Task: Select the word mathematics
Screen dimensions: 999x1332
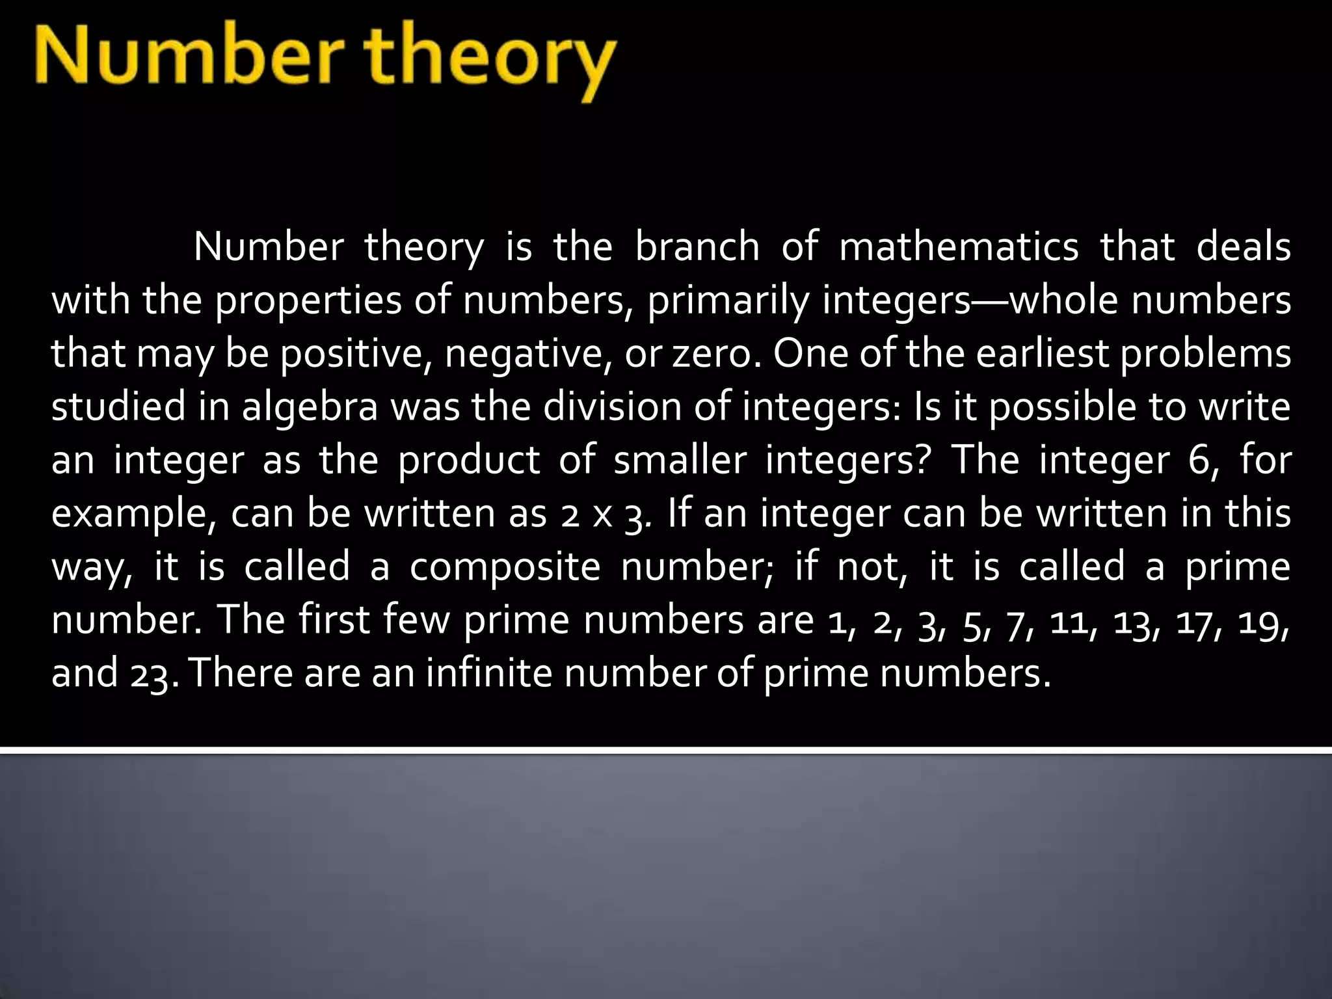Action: [x=959, y=248]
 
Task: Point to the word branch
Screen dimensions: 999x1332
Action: [x=697, y=248]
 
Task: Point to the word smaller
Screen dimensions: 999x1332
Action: [x=680, y=461]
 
